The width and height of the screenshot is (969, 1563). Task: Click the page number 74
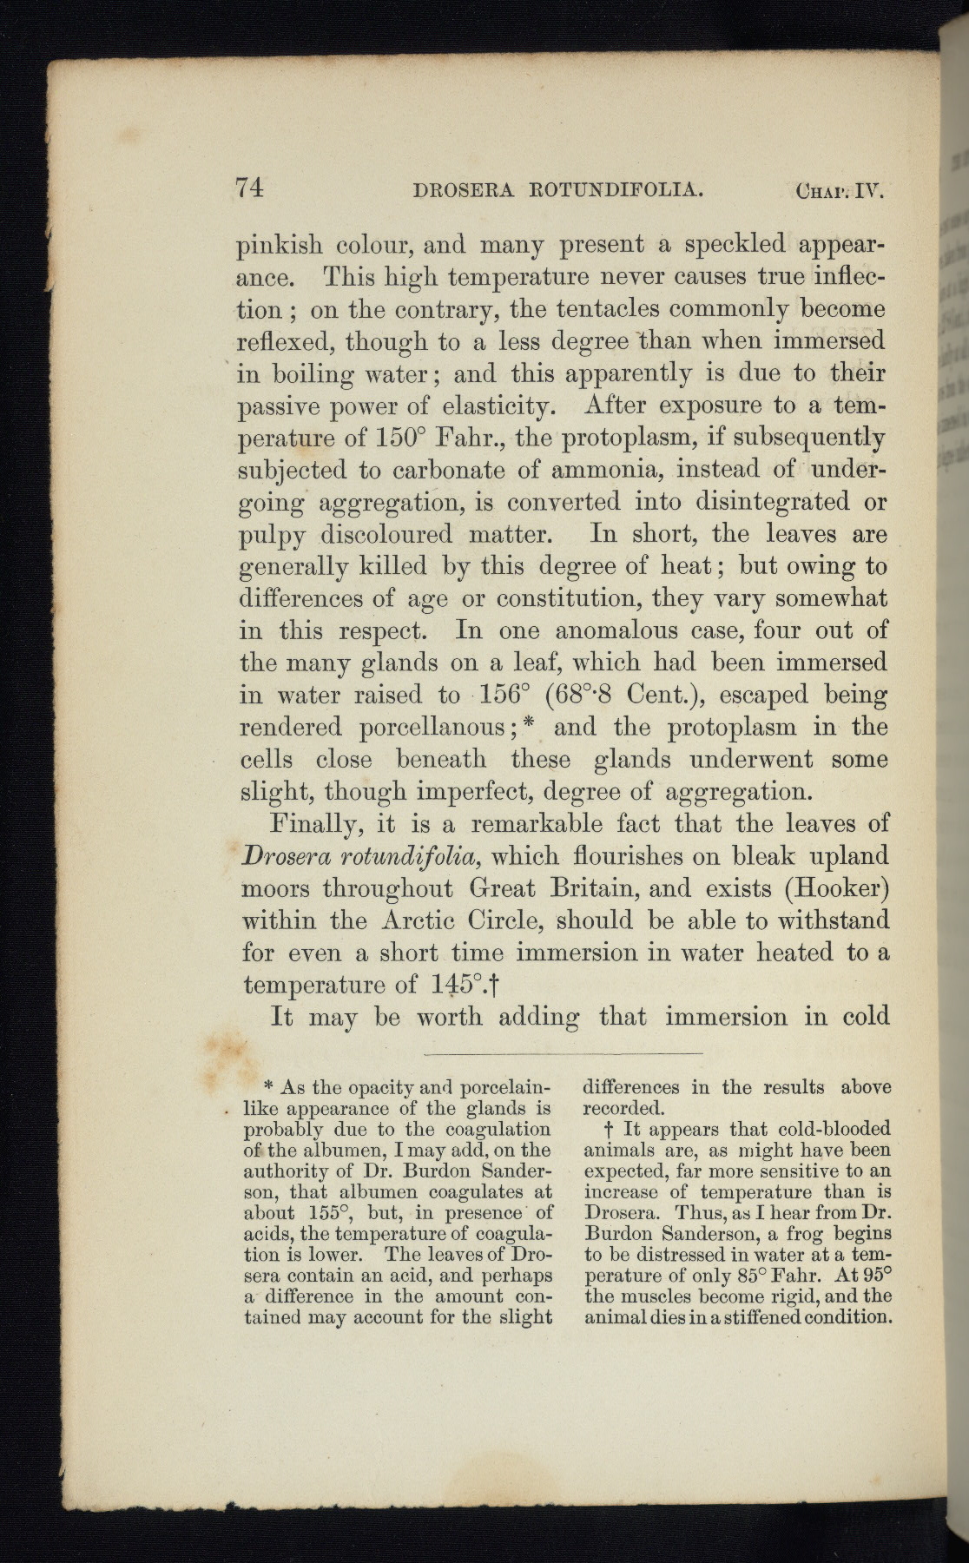pos(249,188)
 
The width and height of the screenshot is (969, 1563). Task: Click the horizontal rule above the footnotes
pos(562,1053)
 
